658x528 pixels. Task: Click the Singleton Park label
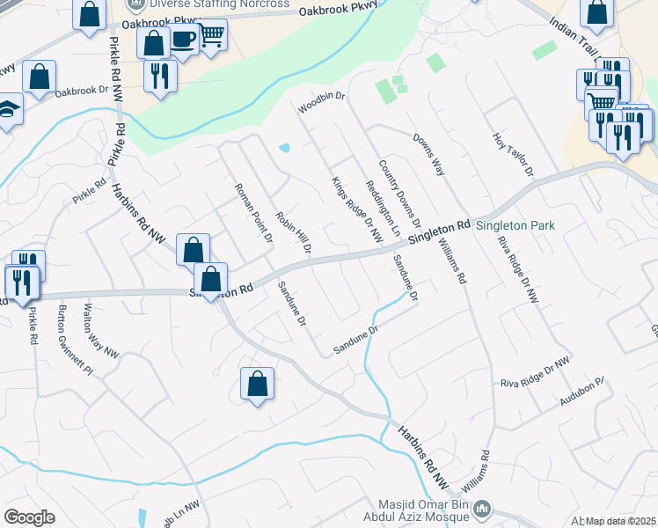(x=515, y=225)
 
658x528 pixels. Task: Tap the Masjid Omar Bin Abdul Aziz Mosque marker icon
(x=481, y=509)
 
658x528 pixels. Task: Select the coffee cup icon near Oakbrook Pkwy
(x=184, y=40)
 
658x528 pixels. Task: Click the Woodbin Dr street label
(x=322, y=102)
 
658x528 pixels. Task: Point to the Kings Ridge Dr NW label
(x=357, y=209)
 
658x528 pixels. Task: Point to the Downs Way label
(x=430, y=152)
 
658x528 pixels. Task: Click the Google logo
(x=29, y=517)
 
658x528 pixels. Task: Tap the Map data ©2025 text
(x=620, y=521)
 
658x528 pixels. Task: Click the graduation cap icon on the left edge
(x=7, y=109)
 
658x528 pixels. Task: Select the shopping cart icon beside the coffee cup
(x=211, y=36)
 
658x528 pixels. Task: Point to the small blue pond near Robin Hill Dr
(x=284, y=147)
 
